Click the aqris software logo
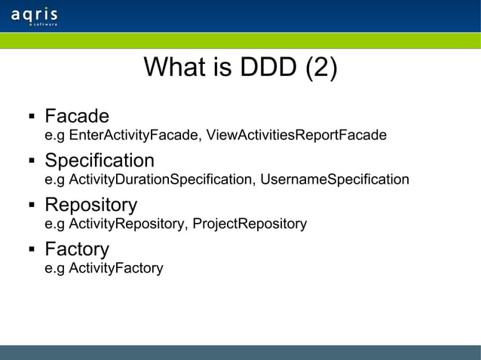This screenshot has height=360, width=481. click(x=35, y=17)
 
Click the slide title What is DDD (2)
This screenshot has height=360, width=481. click(x=240, y=69)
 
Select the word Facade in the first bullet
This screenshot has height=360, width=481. click(x=77, y=117)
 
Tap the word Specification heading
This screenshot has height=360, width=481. click(x=100, y=160)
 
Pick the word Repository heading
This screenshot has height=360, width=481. click(x=90, y=205)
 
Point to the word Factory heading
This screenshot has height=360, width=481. click(x=77, y=249)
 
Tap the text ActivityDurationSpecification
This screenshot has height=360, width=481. click(x=161, y=180)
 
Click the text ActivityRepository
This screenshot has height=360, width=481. click(x=126, y=224)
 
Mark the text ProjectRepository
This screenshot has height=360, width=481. click(x=250, y=224)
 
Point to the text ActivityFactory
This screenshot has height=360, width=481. click(x=115, y=268)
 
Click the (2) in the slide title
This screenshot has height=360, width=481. click(x=320, y=69)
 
